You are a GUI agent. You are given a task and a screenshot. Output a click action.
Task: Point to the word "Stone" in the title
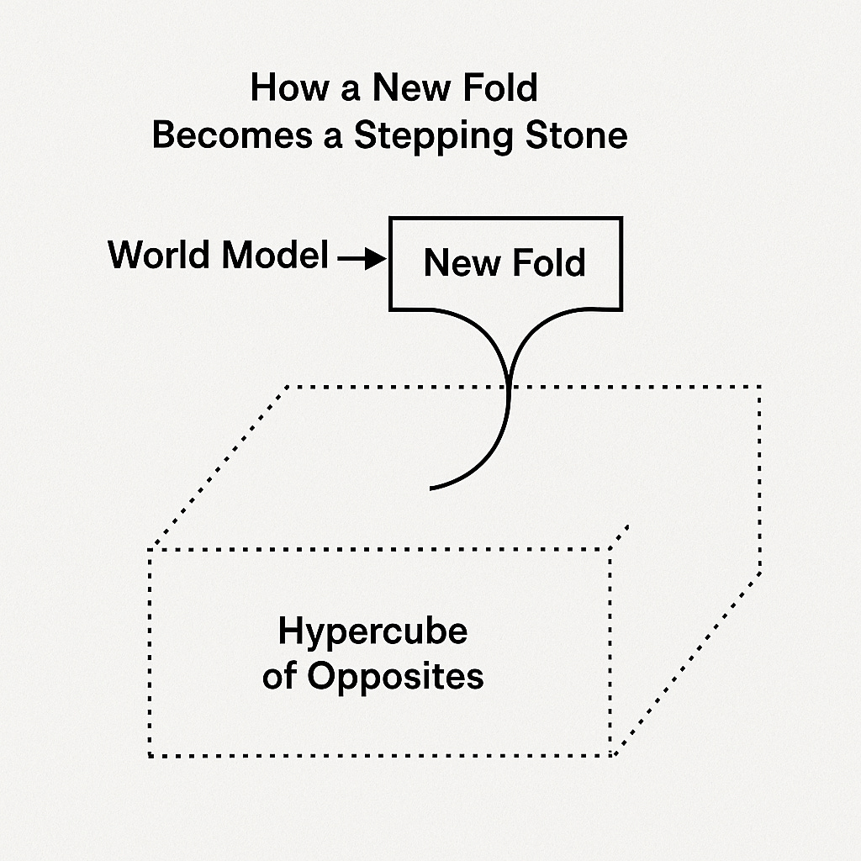pos(578,135)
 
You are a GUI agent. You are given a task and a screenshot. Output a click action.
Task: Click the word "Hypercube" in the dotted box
pos(372,631)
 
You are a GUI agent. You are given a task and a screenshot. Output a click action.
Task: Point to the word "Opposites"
pos(394,676)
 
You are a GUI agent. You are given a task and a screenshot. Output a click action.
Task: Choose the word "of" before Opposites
pos(279,676)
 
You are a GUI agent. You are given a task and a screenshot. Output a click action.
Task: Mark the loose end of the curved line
pos(430,488)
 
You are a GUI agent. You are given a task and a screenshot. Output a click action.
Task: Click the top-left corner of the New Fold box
pos(390,219)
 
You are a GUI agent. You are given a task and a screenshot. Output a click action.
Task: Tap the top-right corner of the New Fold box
pos(621,219)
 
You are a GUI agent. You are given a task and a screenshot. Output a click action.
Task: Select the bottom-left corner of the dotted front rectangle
pos(150,756)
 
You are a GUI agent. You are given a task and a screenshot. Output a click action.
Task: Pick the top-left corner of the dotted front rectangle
pos(150,550)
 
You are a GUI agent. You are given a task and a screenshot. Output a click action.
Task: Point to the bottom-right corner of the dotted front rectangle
pos(611,754)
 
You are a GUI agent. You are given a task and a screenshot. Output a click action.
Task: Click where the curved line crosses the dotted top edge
pos(507,387)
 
